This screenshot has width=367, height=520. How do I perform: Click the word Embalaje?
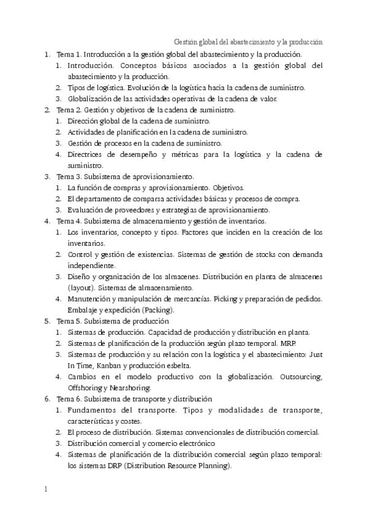tap(83, 310)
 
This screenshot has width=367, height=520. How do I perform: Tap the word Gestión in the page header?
tap(187, 42)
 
